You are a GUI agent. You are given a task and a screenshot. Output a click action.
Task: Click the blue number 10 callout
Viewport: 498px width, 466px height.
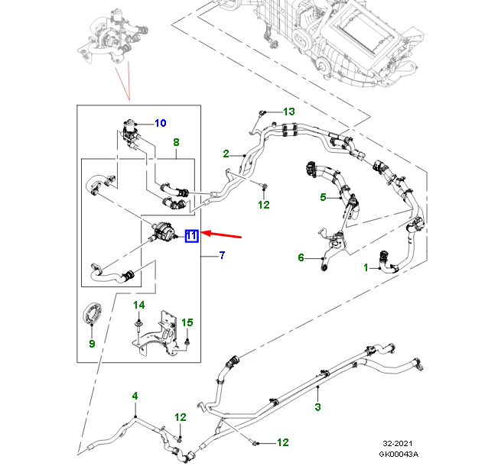click(161, 123)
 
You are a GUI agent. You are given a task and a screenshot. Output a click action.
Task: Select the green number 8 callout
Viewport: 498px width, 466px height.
click(176, 142)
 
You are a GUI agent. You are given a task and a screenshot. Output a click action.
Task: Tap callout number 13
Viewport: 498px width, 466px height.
click(288, 112)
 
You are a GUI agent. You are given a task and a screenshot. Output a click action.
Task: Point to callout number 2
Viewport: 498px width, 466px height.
click(226, 154)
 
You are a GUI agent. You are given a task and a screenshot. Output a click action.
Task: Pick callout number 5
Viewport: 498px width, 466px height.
click(323, 198)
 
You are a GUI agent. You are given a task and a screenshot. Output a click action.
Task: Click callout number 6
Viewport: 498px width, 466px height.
click(301, 257)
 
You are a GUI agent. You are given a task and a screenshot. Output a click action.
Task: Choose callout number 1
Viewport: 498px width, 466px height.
click(366, 267)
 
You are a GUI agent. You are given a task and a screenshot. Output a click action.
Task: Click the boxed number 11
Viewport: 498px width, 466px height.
click(191, 235)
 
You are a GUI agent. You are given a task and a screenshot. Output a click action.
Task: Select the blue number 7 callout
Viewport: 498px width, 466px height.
click(222, 254)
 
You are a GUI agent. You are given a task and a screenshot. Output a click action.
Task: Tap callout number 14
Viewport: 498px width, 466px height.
click(139, 306)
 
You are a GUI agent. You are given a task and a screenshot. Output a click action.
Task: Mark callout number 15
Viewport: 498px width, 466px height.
click(187, 322)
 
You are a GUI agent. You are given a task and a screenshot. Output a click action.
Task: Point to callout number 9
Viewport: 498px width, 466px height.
click(91, 344)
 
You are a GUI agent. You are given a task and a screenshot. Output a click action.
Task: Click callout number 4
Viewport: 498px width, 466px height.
click(135, 396)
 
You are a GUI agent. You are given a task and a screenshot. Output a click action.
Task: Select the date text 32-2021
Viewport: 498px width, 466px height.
click(399, 442)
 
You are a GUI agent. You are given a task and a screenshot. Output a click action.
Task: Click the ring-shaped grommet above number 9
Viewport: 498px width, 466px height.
click(92, 315)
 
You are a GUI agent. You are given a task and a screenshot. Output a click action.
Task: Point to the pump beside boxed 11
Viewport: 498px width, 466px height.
click(162, 231)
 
